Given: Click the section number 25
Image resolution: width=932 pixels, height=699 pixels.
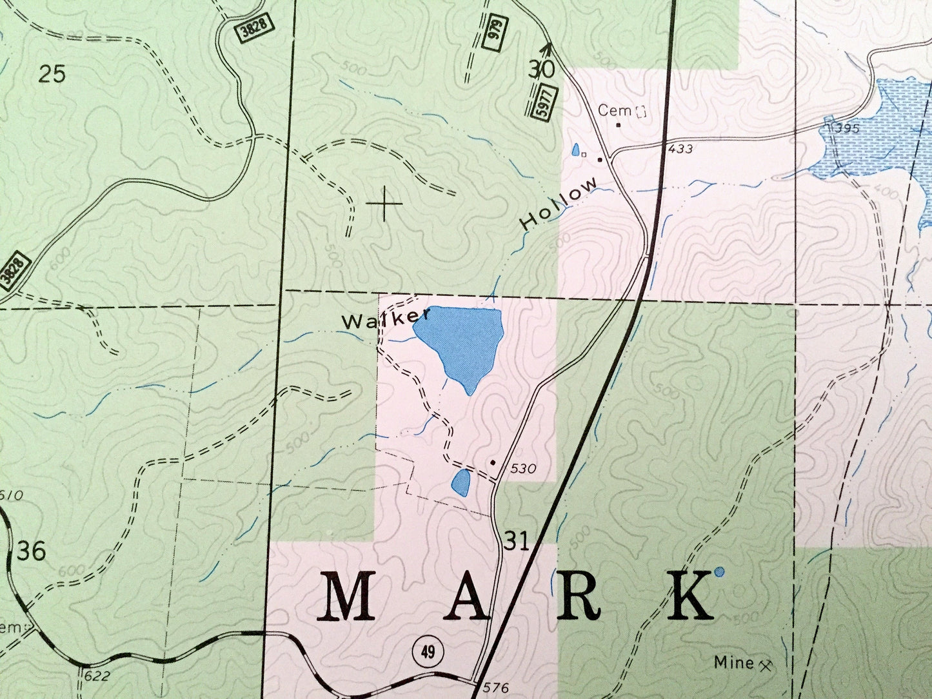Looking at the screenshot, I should pos(52,74).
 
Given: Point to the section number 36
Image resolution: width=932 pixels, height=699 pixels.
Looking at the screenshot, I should pos(32,551).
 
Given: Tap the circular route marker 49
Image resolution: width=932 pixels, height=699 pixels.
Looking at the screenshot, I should pos(428,651).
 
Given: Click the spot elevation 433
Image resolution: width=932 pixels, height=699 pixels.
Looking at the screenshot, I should pos(680,149).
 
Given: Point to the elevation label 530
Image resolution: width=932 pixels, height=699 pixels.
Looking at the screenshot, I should pos(522,469).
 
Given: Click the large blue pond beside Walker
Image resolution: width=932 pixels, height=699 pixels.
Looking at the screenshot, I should pos(461,342).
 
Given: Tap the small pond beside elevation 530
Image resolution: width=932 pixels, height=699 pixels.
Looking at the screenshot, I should pos(461,482).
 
